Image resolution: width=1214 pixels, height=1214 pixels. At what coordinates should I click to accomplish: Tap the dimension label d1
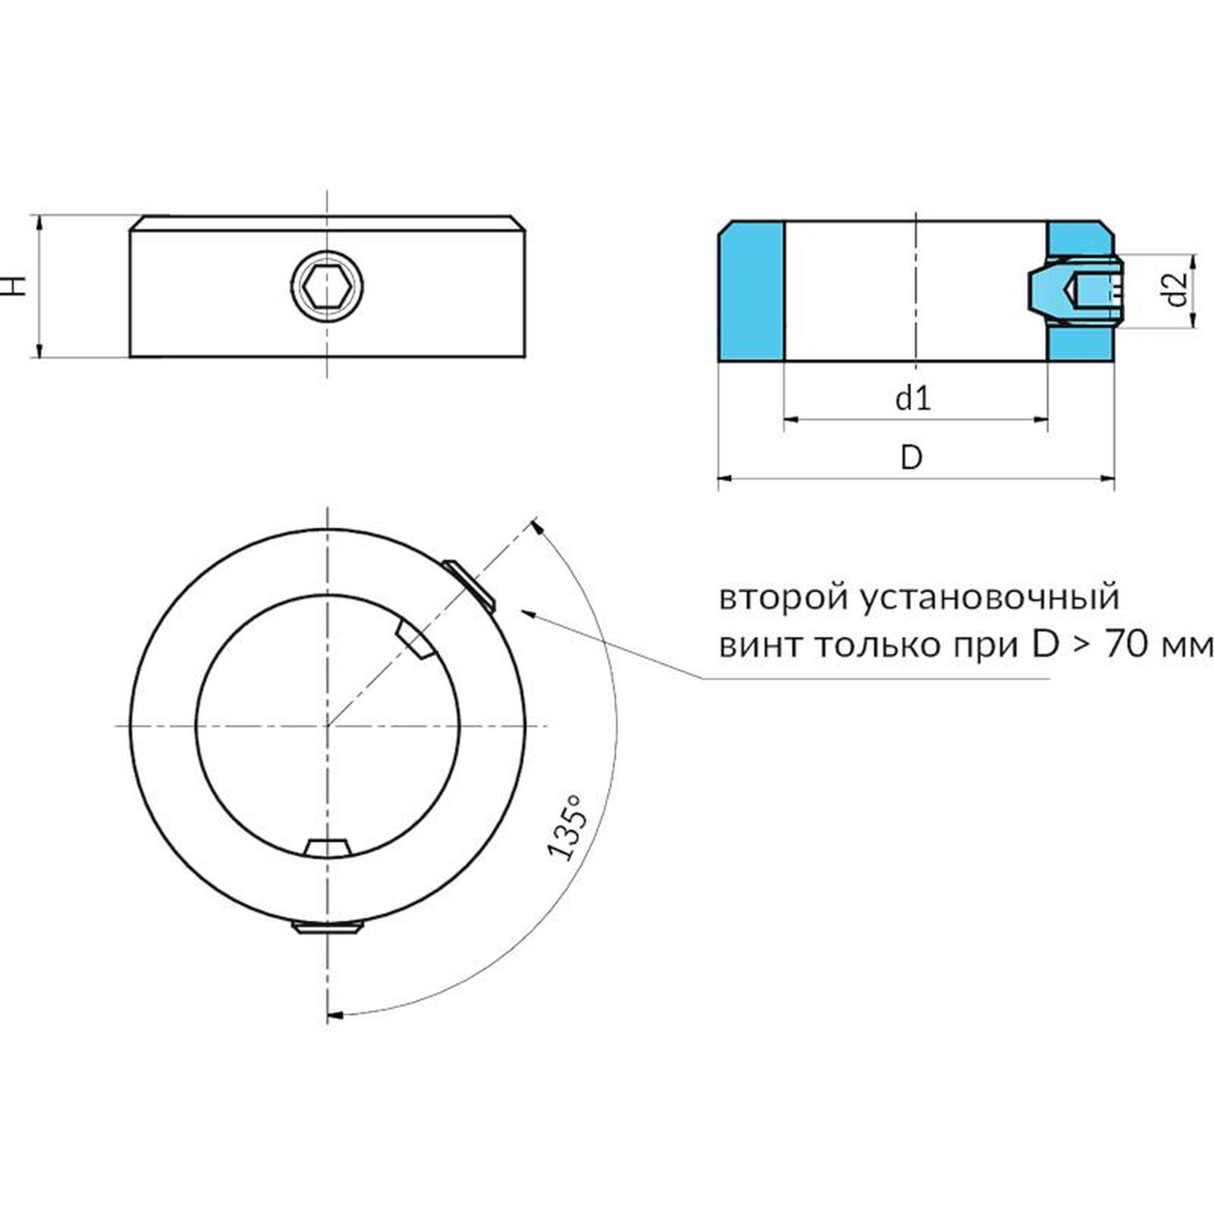tap(913, 398)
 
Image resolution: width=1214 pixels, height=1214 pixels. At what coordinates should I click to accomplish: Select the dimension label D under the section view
tap(911, 458)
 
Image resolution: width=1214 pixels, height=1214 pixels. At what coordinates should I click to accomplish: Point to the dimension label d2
tap(1176, 290)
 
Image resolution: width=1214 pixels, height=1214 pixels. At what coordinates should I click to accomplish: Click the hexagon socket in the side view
tap(327, 287)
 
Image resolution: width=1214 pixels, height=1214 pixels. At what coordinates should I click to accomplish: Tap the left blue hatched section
tap(751, 291)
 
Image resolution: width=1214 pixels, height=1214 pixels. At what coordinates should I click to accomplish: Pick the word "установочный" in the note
tap(990, 598)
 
